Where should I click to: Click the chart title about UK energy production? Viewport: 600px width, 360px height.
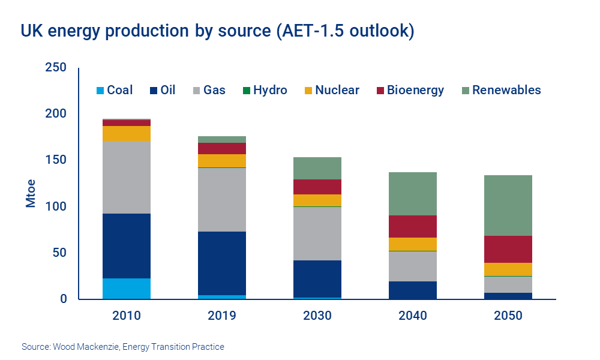click(218, 31)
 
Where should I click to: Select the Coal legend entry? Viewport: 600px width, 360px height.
click(115, 91)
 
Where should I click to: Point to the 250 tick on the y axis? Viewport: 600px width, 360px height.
click(55, 68)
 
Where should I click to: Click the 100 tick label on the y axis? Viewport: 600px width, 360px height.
click(55, 206)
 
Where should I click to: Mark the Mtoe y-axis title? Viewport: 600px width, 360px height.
click(31, 193)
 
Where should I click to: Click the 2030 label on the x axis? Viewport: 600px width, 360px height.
click(317, 316)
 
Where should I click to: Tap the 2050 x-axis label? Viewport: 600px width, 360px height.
click(508, 316)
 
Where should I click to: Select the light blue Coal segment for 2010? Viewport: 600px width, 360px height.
click(127, 289)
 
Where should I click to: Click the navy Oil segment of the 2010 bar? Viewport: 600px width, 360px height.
click(127, 246)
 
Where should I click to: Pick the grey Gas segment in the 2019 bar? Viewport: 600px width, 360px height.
click(222, 200)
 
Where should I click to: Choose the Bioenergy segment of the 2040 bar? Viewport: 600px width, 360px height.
click(413, 226)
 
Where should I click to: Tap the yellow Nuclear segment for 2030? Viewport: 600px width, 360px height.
click(317, 200)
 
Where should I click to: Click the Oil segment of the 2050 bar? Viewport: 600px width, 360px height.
click(508, 296)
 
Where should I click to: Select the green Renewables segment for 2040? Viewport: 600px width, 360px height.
click(413, 194)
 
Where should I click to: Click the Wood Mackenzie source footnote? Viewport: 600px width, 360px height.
click(122, 347)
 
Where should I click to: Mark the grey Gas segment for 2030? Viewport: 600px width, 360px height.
click(317, 233)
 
